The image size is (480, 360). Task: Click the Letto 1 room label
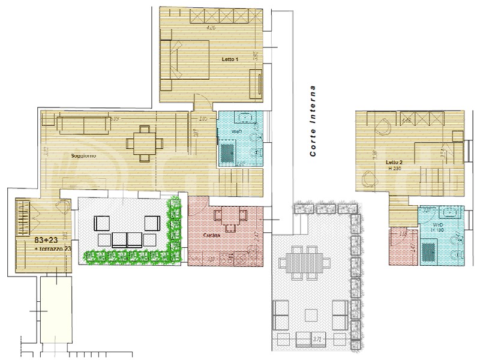point(230,59)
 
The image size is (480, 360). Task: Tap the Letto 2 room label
point(394,162)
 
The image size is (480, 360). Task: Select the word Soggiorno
point(83,156)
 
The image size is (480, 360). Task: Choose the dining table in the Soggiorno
point(145,143)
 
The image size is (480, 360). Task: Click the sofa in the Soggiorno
point(83,125)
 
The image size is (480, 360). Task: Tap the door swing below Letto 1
point(202,103)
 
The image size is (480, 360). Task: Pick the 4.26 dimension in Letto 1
point(211,28)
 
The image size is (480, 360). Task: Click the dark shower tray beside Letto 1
point(227,152)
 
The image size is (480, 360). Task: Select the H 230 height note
point(394,169)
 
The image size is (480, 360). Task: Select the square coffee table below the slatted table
point(311,314)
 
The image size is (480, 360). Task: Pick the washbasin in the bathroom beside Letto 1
point(246,117)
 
